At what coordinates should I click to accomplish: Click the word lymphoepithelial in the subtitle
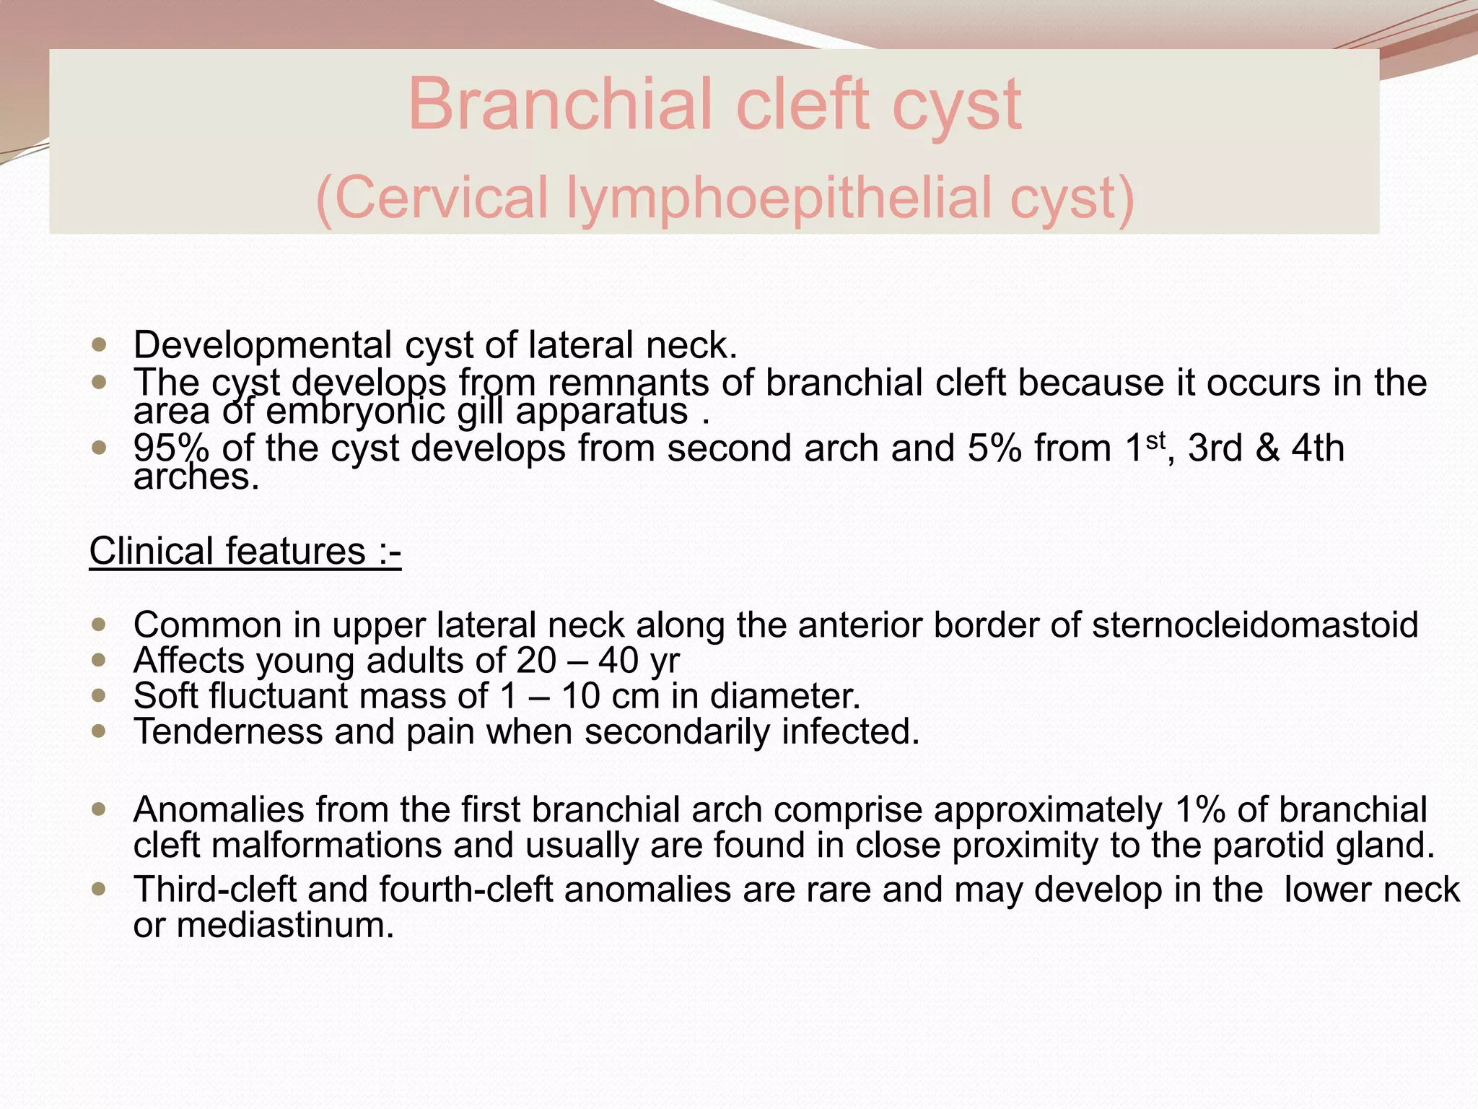point(778,198)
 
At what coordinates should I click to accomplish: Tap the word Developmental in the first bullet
point(262,345)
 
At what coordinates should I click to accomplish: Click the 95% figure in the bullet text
point(171,448)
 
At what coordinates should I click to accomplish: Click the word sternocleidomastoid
point(1255,625)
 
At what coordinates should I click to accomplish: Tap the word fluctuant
point(278,696)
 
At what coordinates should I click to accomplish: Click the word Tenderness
point(227,731)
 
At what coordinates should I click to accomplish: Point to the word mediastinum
point(285,925)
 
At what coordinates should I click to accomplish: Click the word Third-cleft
point(214,889)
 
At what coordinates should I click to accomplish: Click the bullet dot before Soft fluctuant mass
point(99,696)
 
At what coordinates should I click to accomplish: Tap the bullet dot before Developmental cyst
point(99,345)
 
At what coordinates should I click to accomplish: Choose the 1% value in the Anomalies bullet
point(1199,809)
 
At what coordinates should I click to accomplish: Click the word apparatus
point(601,412)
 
